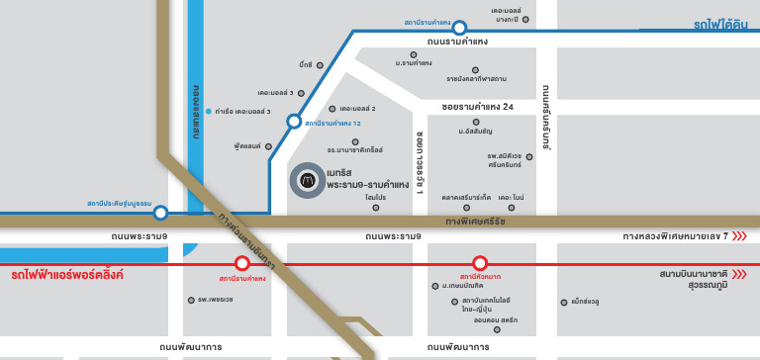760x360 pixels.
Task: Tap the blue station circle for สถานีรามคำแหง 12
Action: click(x=294, y=122)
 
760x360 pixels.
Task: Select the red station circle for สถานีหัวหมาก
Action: click(x=480, y=263)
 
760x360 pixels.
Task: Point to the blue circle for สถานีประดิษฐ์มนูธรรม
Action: click(x=160, y=212)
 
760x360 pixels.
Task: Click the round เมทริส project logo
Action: click(x=308, y=181)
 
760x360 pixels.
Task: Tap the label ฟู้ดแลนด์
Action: click(x=246, y=145)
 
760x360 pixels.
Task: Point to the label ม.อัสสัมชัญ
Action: click(x=475, y=132)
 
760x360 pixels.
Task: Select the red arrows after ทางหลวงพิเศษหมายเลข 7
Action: click(x=739, y=236)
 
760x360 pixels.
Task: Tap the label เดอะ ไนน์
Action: click(x=511, y=198)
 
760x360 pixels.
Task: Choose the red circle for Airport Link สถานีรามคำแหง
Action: click(x=241, y=263)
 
